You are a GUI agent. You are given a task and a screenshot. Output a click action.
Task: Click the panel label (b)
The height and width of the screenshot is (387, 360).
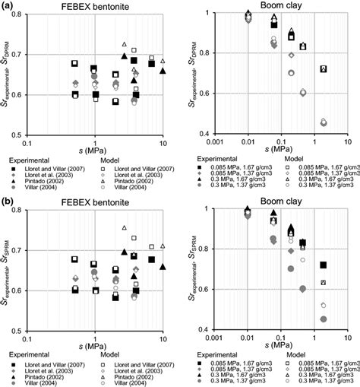point(9,199)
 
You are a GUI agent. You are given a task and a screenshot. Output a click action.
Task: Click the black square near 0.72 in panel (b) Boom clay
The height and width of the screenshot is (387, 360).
point(324,265)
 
